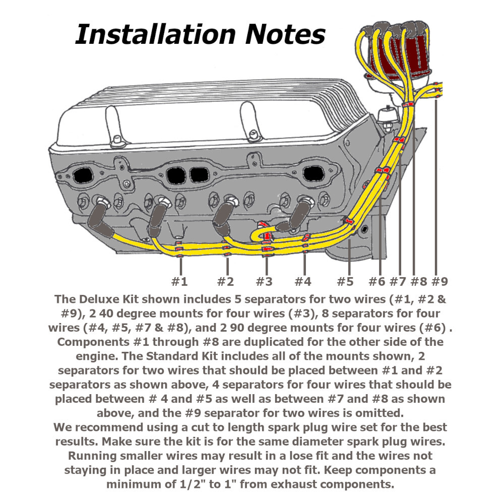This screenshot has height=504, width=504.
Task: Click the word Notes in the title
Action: pos(285,35)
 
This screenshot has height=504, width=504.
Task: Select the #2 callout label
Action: pos(225,281)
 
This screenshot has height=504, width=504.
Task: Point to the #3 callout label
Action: pos(264,281)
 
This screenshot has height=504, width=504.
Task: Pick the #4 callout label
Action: pos(302,281)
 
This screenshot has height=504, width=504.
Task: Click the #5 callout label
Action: pos(345,281)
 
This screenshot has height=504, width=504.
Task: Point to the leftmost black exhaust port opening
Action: pos(80,176)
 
